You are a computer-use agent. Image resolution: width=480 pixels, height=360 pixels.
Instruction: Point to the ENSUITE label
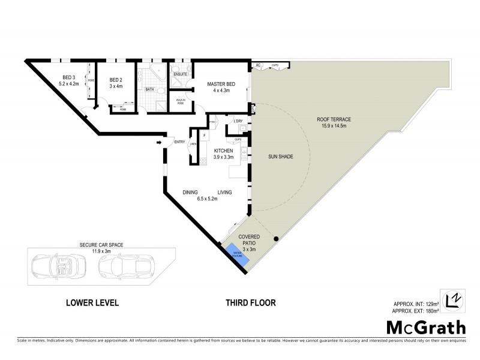(x=180, y=74)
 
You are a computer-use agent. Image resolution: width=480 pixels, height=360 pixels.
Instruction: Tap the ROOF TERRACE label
(x=334, y=119)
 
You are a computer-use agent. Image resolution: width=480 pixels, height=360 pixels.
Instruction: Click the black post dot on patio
(x=276, y=240)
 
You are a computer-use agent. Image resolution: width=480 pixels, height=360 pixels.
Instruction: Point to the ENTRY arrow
(x=158, y=142)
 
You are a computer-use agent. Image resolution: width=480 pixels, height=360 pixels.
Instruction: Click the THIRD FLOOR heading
(x=250, y=303)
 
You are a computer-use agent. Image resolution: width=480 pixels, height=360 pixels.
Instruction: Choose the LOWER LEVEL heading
(x=92, y=303)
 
